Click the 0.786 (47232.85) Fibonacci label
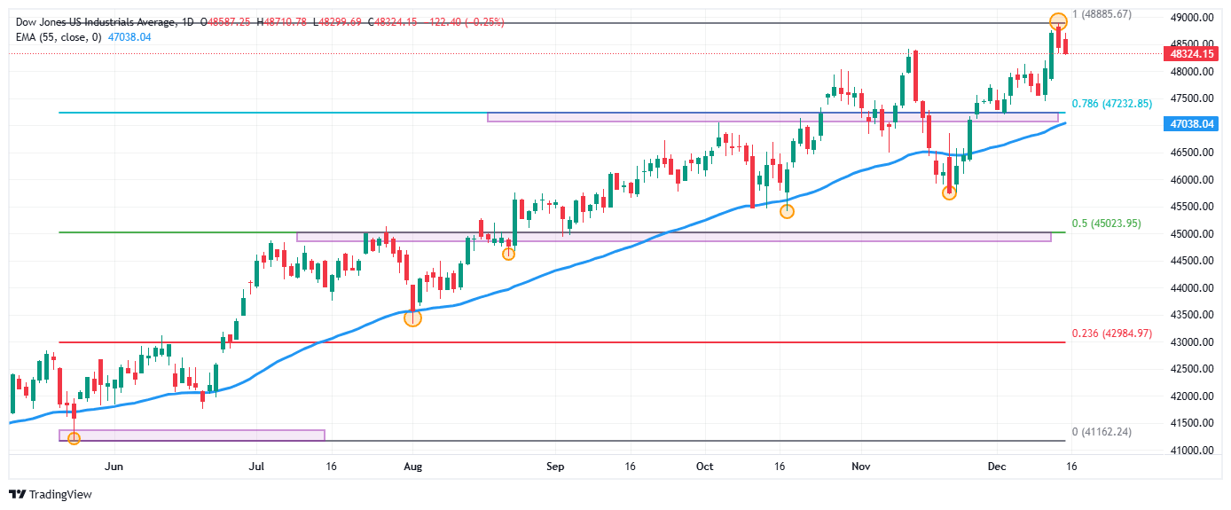(x=1111, y=104)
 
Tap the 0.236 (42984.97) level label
(x=1111, y=333)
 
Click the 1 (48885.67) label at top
(x=1102, y=14)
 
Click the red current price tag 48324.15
(x=1191, y=53)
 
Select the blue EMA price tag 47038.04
(x=1191, y=125)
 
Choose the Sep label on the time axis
(x=555, y=465)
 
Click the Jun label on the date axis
(x=113, y=465)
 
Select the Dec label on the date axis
(x=997, y=465)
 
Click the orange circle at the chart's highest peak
(x=1057, y=20)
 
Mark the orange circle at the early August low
(x=412, y=318)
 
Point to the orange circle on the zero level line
(x=74, y=438)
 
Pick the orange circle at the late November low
(x=949, y=192)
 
